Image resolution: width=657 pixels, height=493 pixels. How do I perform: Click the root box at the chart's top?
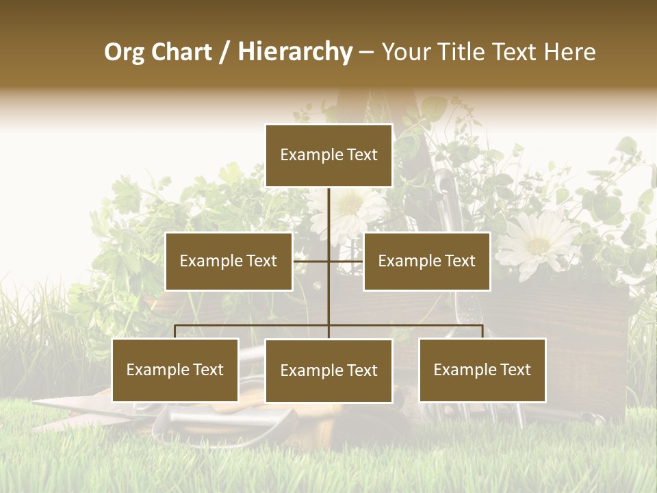(328, 155)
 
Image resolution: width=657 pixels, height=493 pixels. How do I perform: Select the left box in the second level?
(229, 261)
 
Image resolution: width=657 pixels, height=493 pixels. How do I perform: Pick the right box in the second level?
(426, 261)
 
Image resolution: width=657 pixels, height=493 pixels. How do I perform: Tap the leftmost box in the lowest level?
(175, 370)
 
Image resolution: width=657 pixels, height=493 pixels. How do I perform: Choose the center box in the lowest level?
(328, 370)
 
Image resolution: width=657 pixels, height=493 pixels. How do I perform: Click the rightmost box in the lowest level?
(482, 370)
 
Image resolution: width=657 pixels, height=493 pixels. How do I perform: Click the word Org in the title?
(124, 52)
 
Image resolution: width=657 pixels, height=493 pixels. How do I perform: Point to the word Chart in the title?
(181, 52)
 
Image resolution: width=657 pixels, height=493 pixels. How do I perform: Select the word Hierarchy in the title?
(295, 52)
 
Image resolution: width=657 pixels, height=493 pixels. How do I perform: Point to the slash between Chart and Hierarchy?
(224, 52)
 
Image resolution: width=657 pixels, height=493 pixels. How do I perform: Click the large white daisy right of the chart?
(538, 243)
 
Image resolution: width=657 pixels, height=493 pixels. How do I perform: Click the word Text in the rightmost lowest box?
(515, 370)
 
